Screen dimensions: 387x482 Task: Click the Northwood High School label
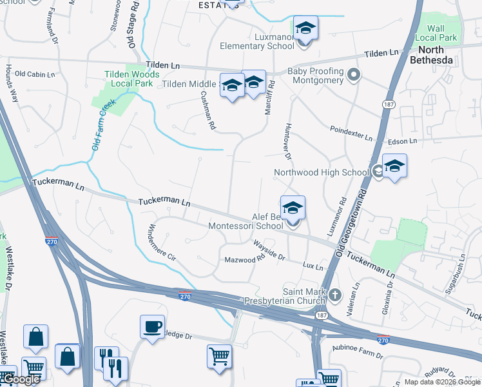pyautogui.click(x=321, y=172)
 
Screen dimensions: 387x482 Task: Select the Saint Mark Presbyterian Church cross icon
pyautogui.click(x=334, y=295)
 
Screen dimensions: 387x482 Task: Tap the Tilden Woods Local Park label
pyautogui.click(x=131, y=79)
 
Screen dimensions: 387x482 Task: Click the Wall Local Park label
pyautogui.click(x=441, y=33)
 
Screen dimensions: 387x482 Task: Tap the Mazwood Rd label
pyautogui.click(x=245, y=260)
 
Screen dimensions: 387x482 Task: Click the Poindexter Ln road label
pyautogui.click(x=351, y=133)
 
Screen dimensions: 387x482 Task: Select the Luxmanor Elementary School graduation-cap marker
pyautogui.click(x=305, y=29)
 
